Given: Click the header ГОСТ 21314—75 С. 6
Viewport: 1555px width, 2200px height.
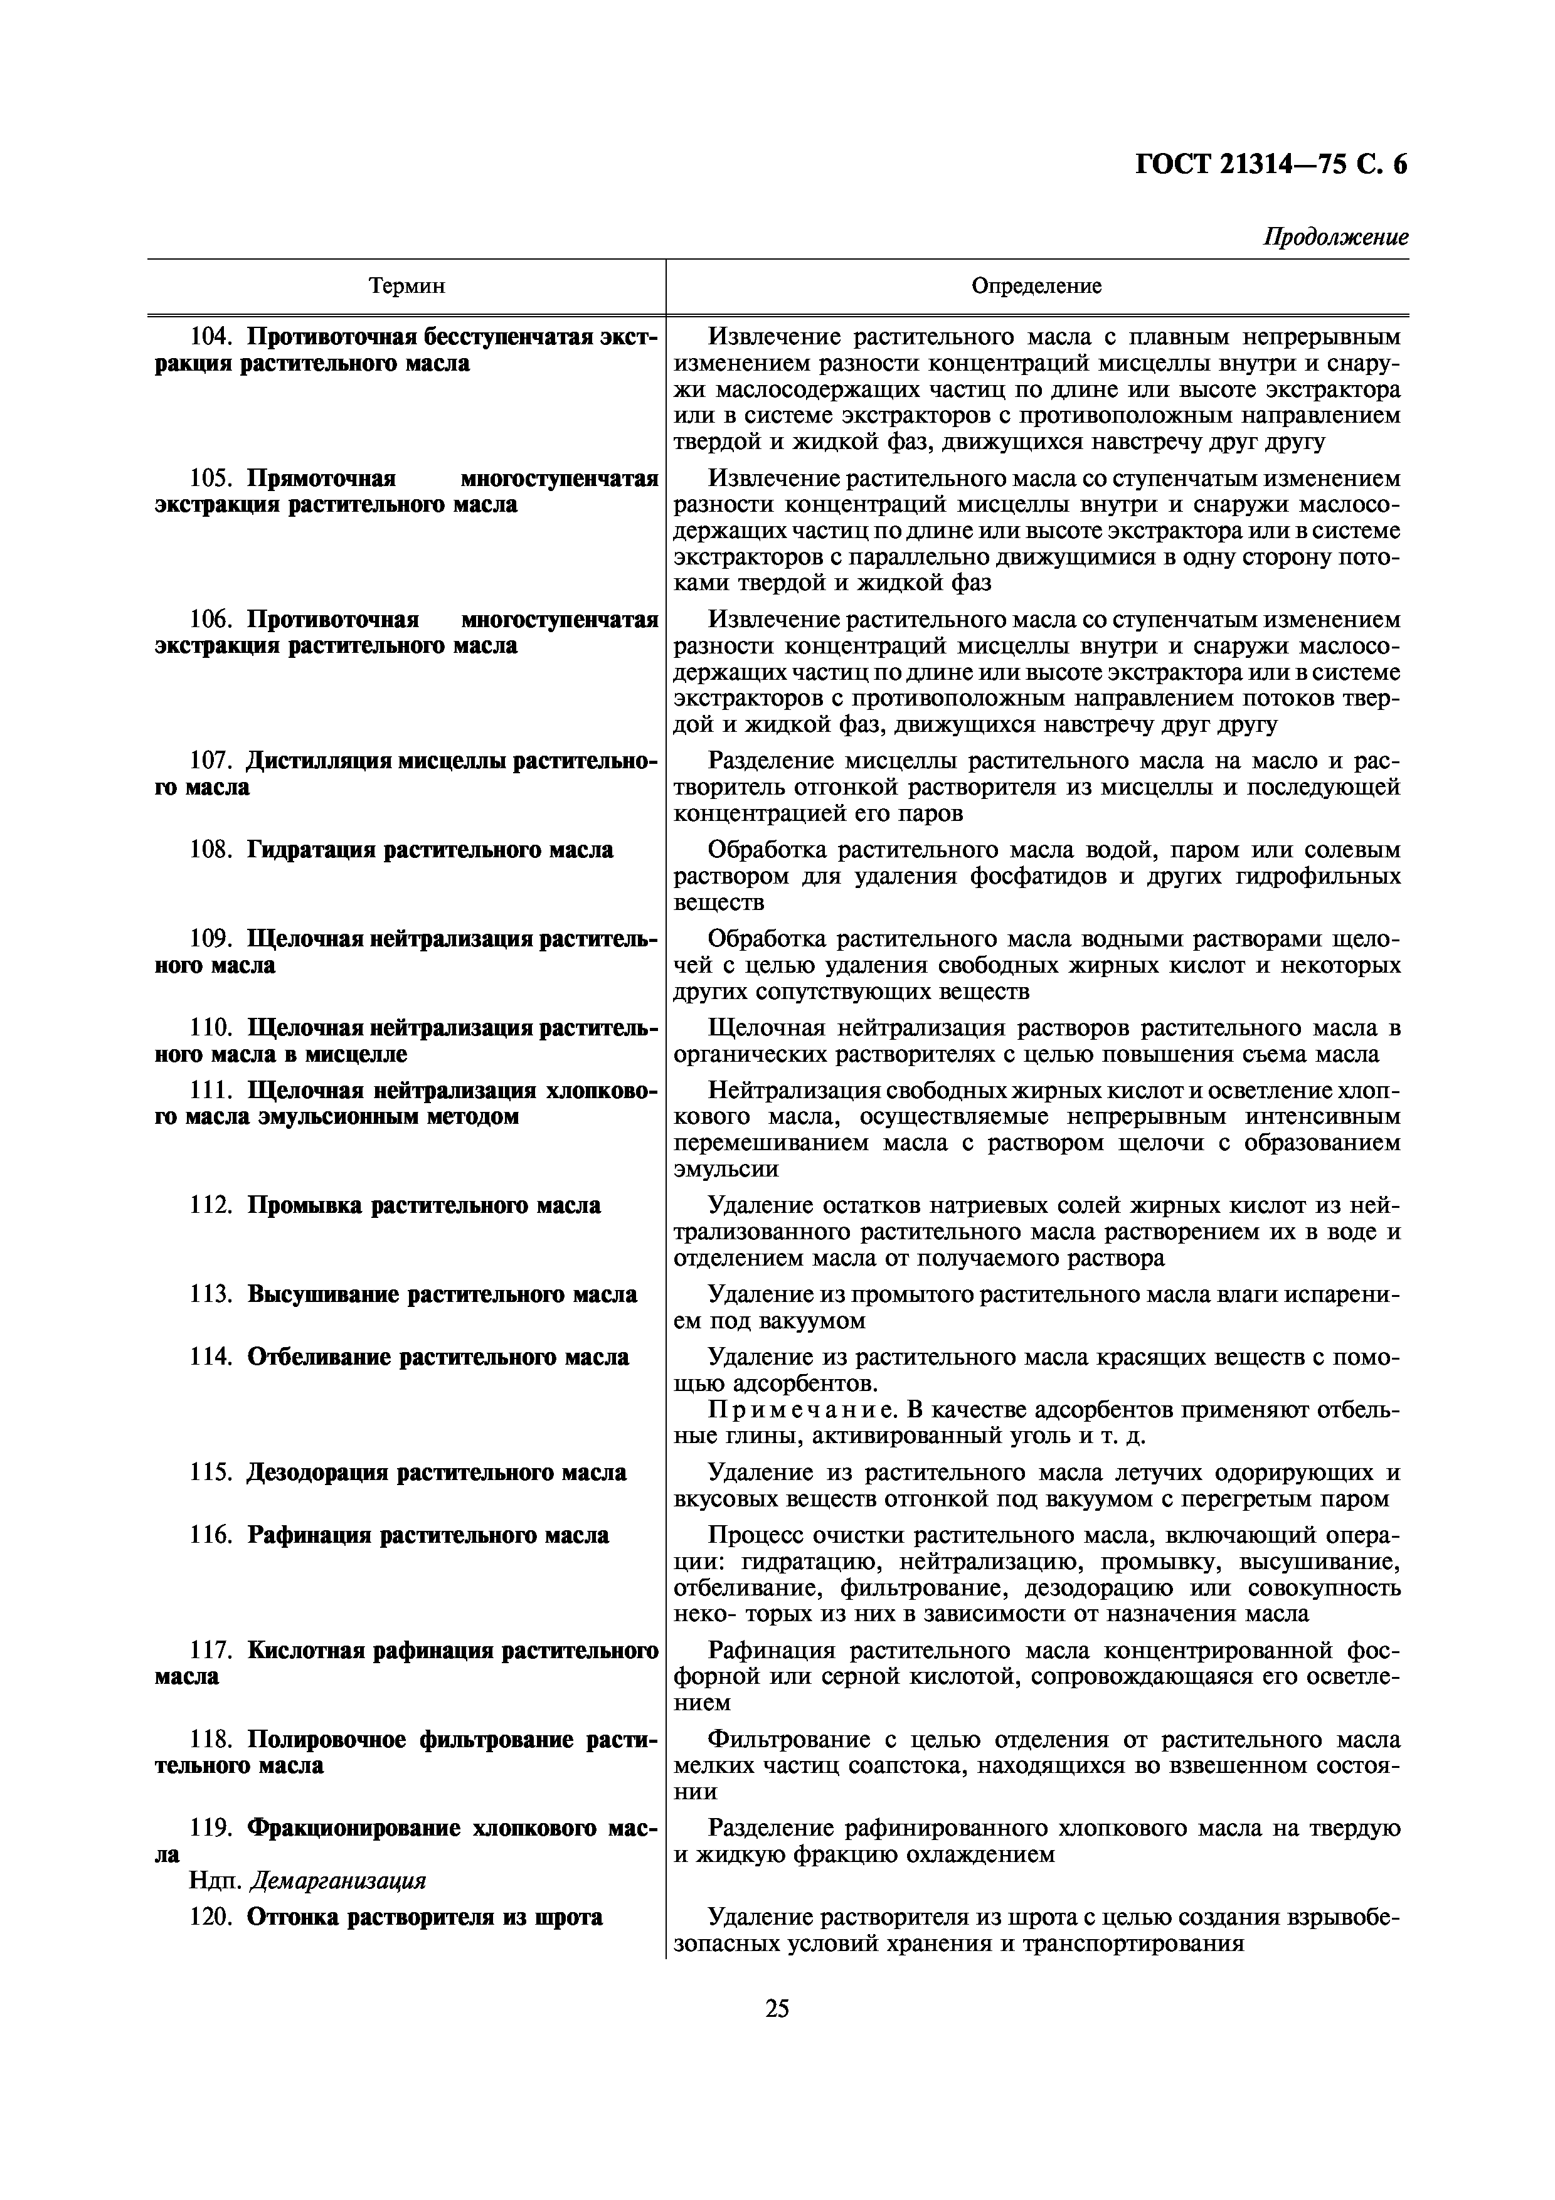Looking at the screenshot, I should click(1271, 166).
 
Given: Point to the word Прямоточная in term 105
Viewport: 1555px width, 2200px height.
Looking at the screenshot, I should click(321, 478).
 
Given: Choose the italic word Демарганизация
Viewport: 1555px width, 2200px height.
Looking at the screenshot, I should click(337, 1881).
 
